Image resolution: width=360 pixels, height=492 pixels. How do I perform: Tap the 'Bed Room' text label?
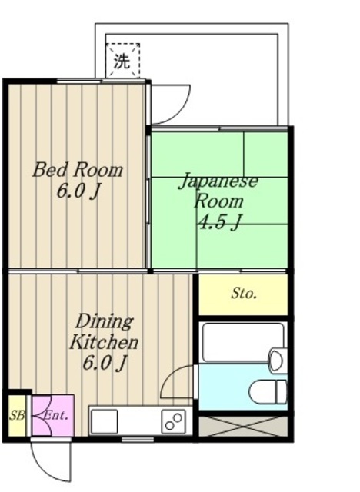tap(77, 170)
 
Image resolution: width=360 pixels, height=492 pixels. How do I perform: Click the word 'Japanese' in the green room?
tap(218, 182)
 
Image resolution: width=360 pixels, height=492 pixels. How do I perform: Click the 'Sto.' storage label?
tap(244, 294)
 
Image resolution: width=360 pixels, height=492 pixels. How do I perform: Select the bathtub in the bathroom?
tap(235, 342)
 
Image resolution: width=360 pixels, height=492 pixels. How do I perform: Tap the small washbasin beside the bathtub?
tap(278, 359)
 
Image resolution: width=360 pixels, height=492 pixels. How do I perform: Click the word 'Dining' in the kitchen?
tap(104, 321)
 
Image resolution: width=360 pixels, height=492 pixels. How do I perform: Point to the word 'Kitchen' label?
tap(104, 342)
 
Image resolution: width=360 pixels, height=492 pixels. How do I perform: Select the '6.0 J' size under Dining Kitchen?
tap(105, 363)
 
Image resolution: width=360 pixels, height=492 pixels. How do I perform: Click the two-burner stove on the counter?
tap(174, 421)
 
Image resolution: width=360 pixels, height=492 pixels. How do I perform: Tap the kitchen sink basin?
tap(105, 421)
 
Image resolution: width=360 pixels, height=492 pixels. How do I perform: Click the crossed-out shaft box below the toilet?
tap(243, 425)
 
